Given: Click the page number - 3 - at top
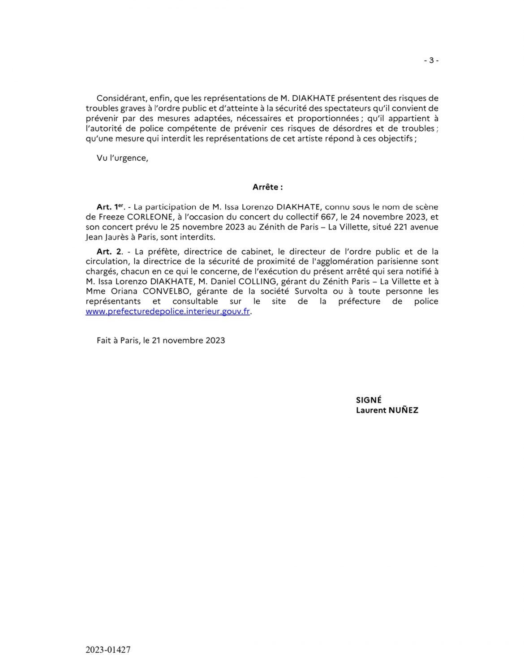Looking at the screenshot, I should point(431,60).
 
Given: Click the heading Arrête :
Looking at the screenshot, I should point(267,188).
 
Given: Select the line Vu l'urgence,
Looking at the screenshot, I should point(122,158).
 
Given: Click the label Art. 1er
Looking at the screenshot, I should point(109,207).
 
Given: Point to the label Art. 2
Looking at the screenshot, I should point(109,251).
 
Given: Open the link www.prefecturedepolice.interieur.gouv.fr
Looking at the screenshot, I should point(168,312).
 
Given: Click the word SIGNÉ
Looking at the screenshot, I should point(369,400).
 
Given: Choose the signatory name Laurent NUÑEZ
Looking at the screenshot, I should point(387,410).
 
